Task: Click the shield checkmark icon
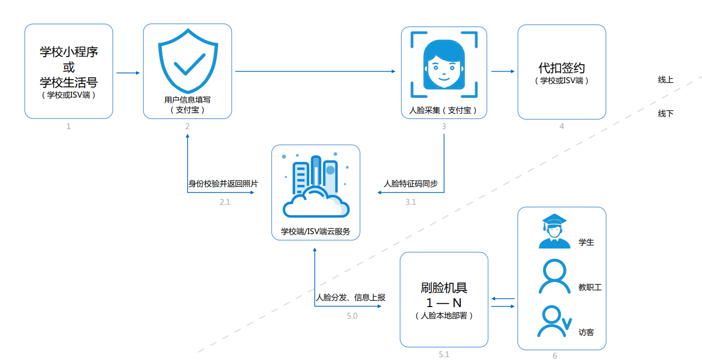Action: tap(187, 61)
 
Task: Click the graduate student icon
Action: tap(554, 232)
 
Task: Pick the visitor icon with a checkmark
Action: tap(553, 321)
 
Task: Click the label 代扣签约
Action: tap(561, 68)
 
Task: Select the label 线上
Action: tap(665, 79)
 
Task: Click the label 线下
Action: tap(665, 114)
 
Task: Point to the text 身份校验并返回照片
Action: tap(223, 183)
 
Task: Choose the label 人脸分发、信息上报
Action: tap(351, 298)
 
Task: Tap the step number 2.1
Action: tap(225, 202)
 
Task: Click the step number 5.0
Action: tap(352, 316)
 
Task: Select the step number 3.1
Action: tap(410, 202)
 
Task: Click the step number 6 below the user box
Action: tap(554, 356)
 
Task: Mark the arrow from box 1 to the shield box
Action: tap(128, 73)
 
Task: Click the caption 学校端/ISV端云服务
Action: tap(316, 231)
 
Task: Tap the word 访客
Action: tap(586, 333)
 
